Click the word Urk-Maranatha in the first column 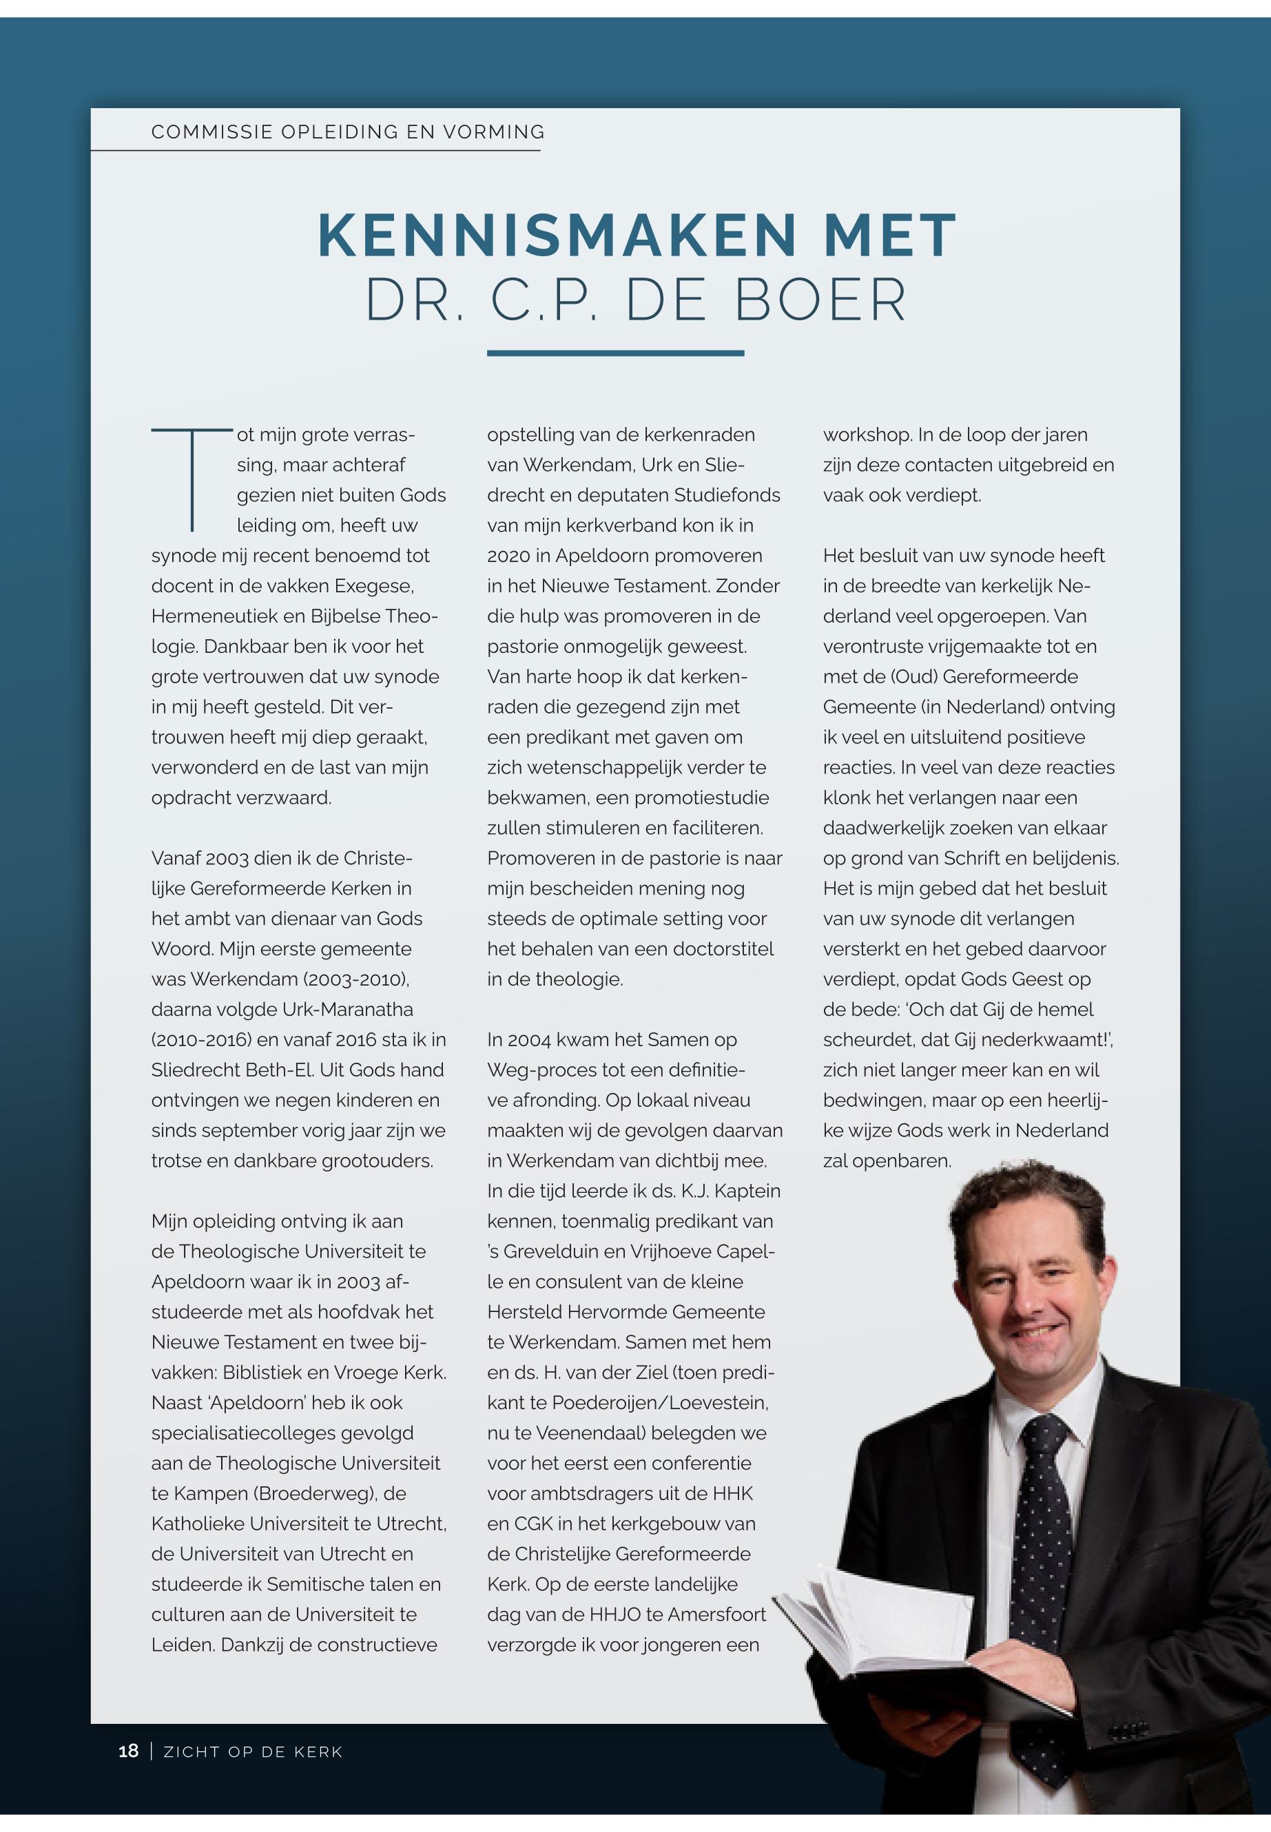tap(348, 1010)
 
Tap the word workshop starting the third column tap(867, 435)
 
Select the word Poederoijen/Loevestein tap(660, 1403)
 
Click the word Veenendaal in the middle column tap(590, 1433)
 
